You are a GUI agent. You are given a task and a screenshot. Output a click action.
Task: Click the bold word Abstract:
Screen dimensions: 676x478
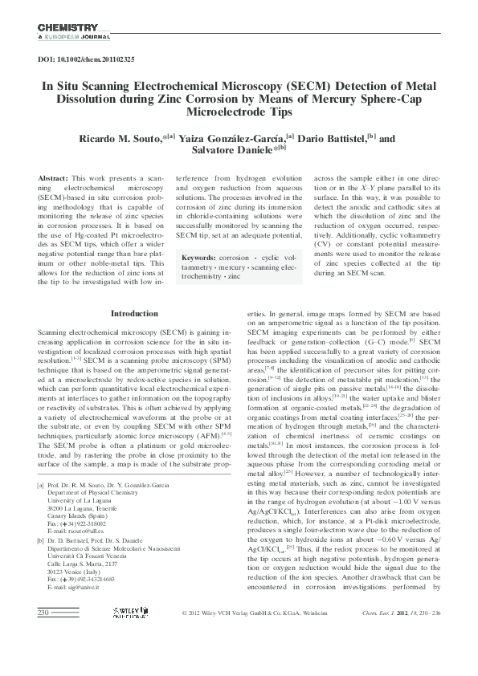tap(52, 177)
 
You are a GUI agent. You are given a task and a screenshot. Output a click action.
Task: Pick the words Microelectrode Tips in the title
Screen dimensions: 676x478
tap(239, 112)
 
